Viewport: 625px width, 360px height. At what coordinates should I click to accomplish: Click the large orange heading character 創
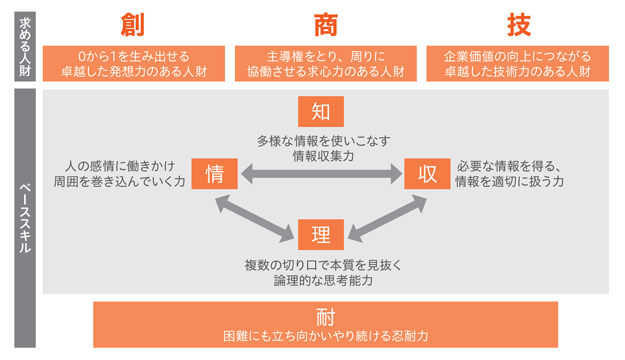coord(133,25)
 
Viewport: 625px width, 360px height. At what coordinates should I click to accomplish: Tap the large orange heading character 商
coord(326,25)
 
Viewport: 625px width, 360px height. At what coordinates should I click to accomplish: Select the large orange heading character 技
coord(519,25)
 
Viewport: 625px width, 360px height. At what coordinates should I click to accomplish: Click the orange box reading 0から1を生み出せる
coord(134,64)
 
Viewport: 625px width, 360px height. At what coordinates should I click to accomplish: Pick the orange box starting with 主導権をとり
coord(326,64)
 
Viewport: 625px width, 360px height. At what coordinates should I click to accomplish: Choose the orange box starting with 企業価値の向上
coord(518,64)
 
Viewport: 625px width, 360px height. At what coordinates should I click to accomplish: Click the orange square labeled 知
coord(321,111)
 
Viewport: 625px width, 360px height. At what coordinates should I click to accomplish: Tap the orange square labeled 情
coord(215,174)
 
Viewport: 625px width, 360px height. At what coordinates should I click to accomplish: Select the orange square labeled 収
coord(427,174)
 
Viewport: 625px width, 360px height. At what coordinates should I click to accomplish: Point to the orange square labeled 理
coord(321,235)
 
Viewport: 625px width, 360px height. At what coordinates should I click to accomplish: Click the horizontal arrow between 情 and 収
coord(321,174)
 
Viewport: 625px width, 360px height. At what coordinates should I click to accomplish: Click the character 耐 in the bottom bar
coord(325,317)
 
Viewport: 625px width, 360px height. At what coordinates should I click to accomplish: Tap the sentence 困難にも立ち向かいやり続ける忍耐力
coord(325,336)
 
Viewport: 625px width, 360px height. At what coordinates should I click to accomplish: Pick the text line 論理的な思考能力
coord(323,281)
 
